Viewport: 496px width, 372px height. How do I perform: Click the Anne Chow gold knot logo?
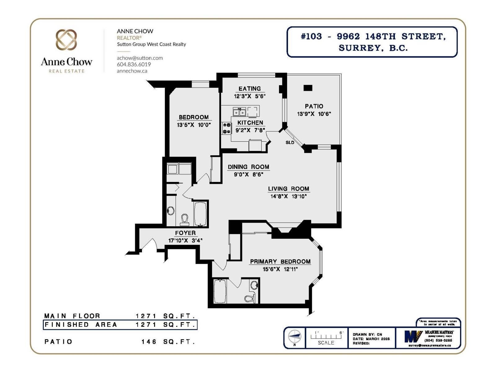[66, 40]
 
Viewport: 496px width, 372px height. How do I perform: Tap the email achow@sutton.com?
[139, 58]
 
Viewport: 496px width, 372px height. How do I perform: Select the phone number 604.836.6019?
[134, 64]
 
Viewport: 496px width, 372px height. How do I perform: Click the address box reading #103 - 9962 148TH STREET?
[372, 42]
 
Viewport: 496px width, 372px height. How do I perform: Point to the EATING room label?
[250, 89]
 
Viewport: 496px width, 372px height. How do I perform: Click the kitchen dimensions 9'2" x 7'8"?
[250, 130]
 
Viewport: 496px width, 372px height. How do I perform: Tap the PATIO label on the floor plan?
[314, 106]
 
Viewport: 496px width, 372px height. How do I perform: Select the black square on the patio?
[308, 88]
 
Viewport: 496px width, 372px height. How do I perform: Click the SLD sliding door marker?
[290, 143]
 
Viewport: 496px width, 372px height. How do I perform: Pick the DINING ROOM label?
[248, 167]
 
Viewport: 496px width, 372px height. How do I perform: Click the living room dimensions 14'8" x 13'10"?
[288, 196]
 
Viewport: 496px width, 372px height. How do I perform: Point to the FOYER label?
[185, 233]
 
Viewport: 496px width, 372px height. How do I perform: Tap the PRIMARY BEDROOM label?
[280, 261]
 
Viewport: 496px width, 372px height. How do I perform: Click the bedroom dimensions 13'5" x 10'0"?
[194, 125]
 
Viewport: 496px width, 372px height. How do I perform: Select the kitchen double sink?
[239, 112]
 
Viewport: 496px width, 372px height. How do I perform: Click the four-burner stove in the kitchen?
[227, 128]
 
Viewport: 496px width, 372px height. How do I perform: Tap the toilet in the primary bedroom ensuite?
[250, 298]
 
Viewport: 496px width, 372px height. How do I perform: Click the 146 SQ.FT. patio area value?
[168, 342]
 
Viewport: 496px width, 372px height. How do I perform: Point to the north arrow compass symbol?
[294, 337]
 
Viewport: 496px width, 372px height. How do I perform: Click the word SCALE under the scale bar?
[326, 343]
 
